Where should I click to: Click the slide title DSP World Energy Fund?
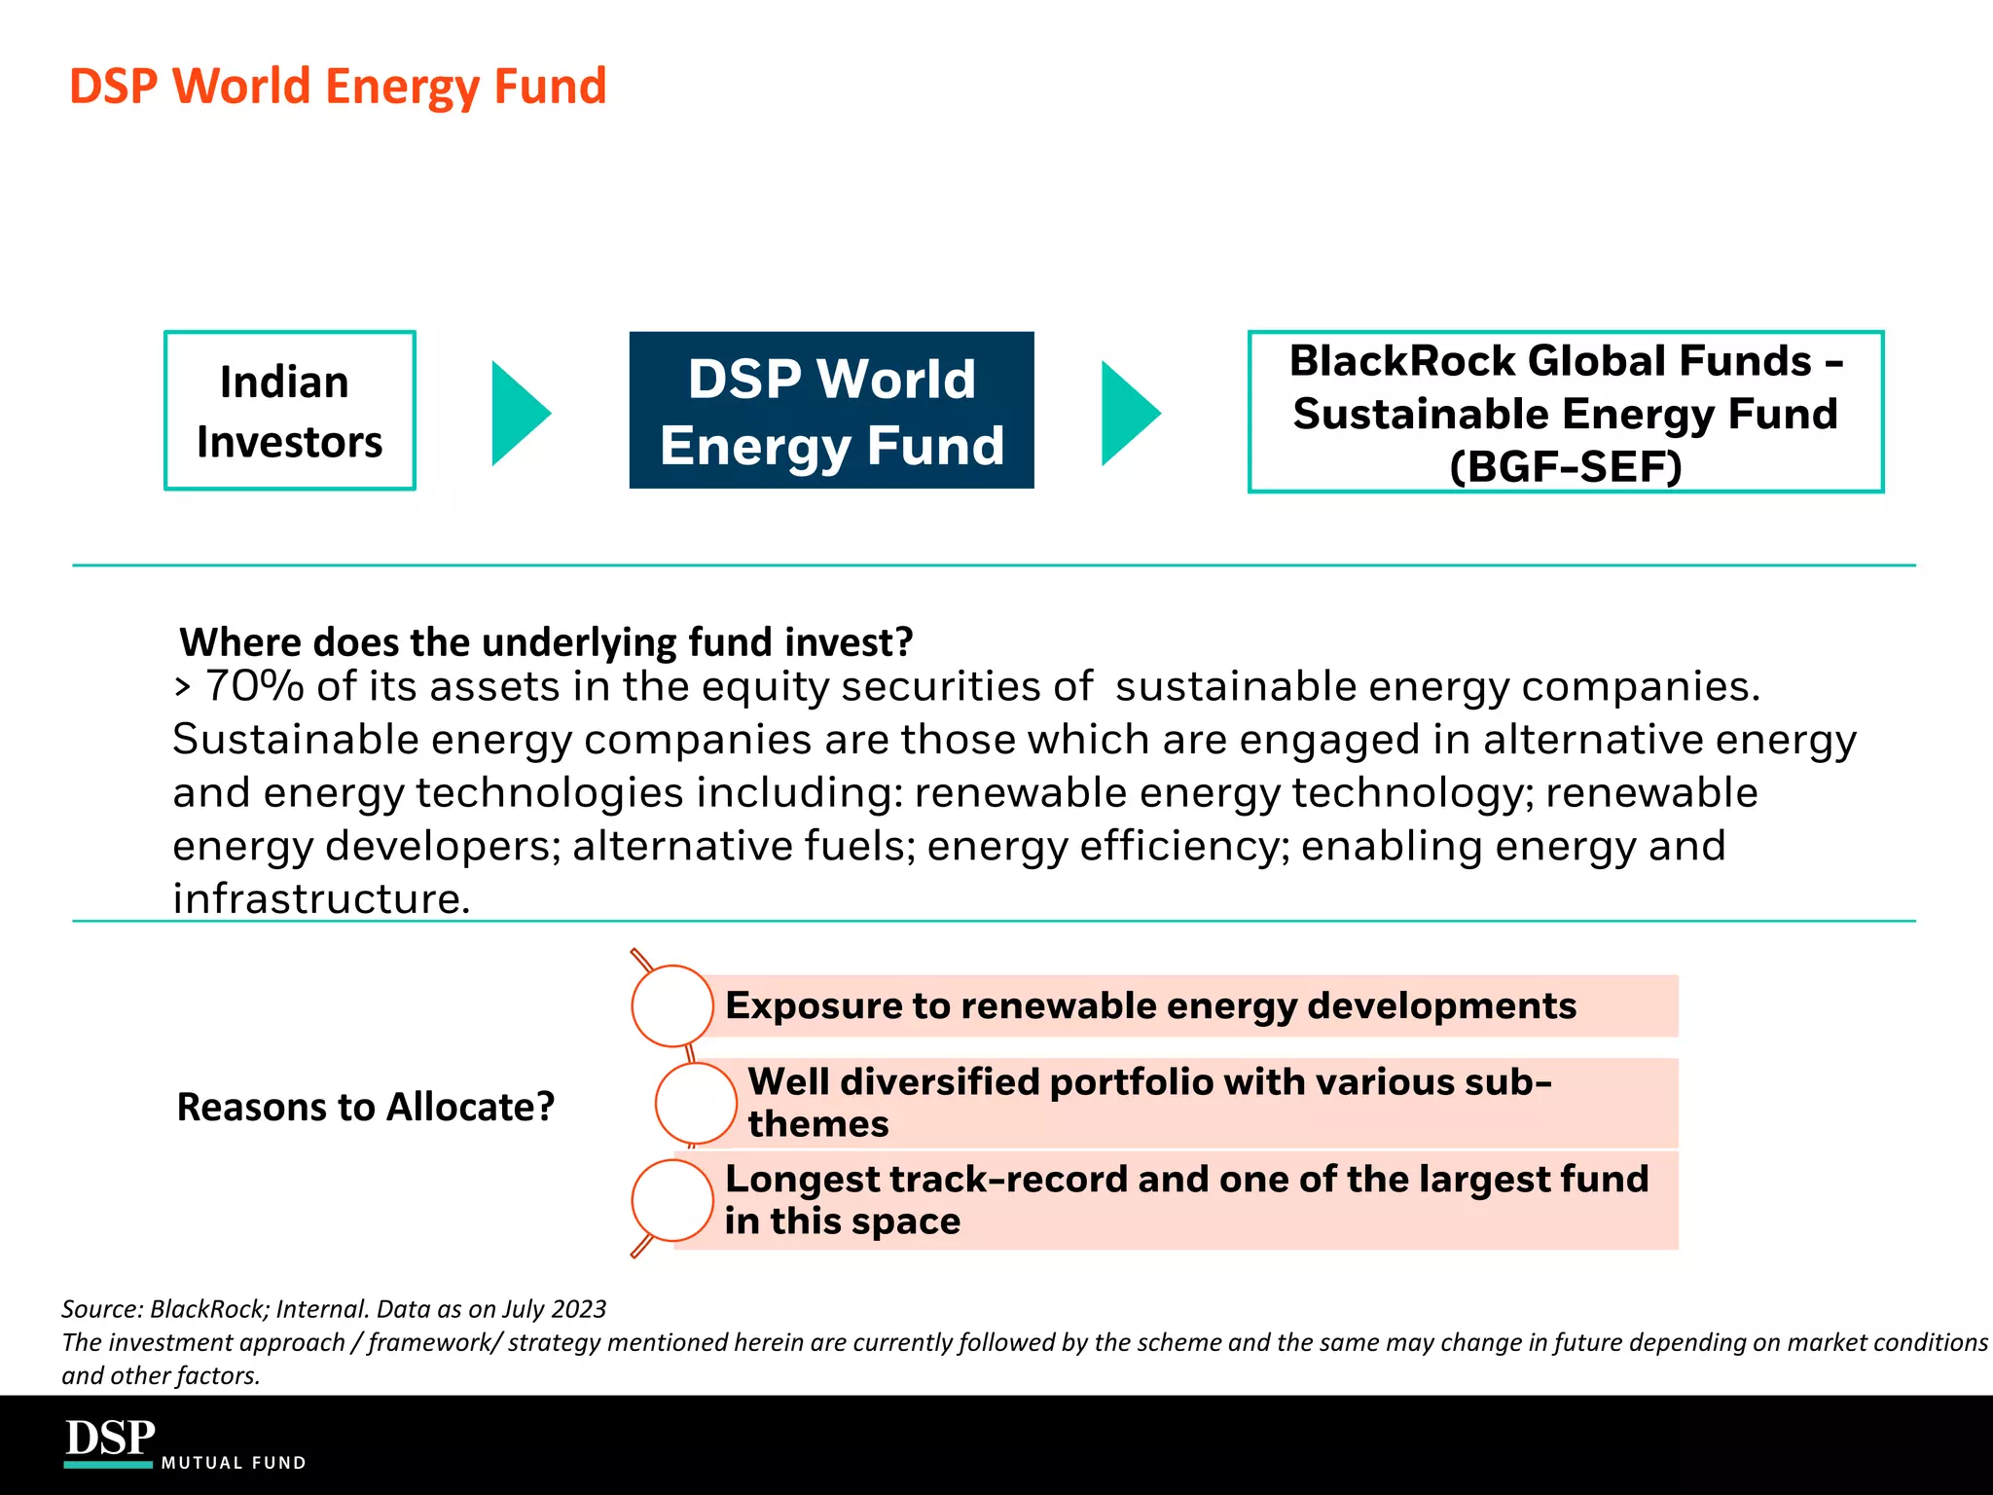click(x=338, y=86)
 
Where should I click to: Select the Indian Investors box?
click(x=290, y=411)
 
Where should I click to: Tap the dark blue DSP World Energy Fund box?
click(x=831, y=411)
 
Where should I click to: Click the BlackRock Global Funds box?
click(x=1565, y=412)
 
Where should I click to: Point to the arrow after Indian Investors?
click(x=518, y=413)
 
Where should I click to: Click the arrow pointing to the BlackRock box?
click(x=1128, y=413)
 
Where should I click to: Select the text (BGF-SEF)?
click(x=1565, y=466)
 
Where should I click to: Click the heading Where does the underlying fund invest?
click(x=546, y=642)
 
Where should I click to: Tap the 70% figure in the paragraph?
click(x=255, y=686)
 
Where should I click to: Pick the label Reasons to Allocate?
click(x=366, y=1107)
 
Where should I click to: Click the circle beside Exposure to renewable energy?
click(x=672, y=1005)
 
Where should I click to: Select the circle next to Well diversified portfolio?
click(x=696, y=1103)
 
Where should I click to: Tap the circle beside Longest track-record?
click(x=672, y=1200)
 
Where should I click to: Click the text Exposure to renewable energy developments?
click(x=1150, y=1005)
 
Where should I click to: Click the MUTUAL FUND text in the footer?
click(x=234, y=1463)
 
